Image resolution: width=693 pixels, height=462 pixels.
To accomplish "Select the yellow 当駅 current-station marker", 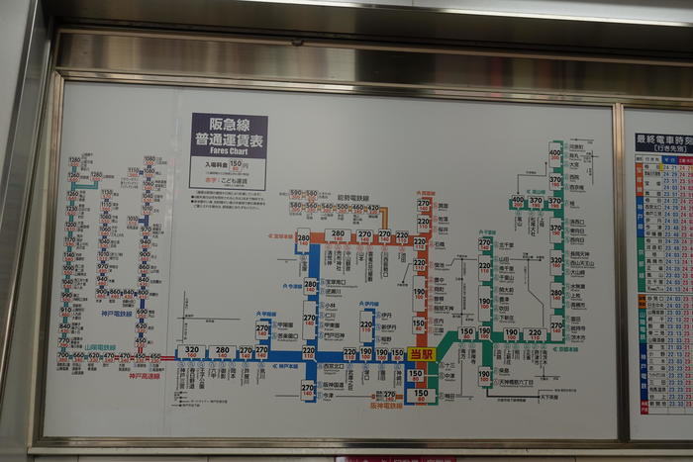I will (x=421, y=353).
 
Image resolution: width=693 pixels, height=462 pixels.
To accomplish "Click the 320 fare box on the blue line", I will (x=192, y=351).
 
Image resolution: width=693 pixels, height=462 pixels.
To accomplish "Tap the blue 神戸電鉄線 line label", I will (x=120, y=314).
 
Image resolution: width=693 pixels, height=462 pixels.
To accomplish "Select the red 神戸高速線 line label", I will (x=144, y=376).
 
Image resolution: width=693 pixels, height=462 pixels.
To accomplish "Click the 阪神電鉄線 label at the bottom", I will (x=391, y=405).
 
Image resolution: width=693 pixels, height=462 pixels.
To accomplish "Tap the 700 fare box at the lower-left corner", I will (x=62, y=355).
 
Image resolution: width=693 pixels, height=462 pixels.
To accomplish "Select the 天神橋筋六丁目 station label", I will (x=515, y=382).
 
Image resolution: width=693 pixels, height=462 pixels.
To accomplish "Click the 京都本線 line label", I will (x=566, y=348).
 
